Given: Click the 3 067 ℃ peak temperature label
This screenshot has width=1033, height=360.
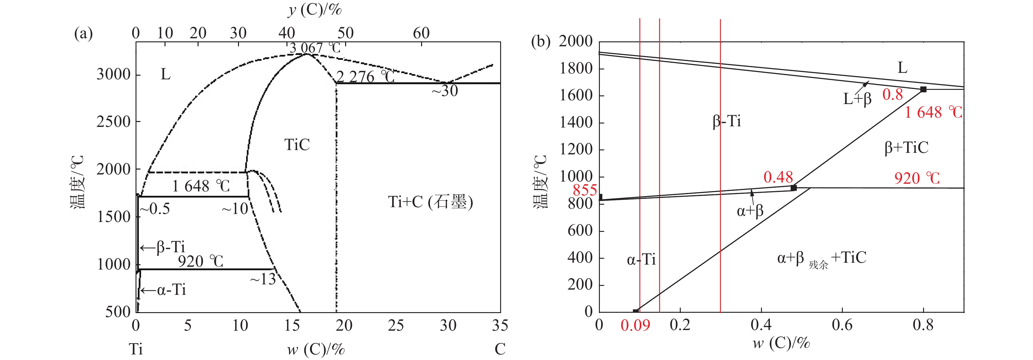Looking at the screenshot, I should coord(315,48).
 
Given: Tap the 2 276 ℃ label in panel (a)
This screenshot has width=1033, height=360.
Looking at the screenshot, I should coord(365,77).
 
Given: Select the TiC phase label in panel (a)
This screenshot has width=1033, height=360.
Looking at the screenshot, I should coord(297,145).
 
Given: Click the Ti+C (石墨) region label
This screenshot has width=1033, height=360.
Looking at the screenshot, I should coord(430,202).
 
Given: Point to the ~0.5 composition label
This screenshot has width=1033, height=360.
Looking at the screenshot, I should coord(155,209).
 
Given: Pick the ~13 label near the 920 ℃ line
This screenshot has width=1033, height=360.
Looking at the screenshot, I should coord(263,279).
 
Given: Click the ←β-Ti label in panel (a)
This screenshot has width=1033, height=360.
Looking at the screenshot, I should coord(162,247).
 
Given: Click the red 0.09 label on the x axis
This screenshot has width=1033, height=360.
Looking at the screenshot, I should coord(635,325).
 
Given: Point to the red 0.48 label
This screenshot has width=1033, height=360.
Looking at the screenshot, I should coord(778,177).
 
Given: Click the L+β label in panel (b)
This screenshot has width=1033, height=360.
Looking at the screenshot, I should coord(857,98).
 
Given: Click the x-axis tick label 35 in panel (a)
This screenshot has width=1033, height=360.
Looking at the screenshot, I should coord(500,325).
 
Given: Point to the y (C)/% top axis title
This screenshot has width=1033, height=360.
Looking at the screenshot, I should coord(315,9).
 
